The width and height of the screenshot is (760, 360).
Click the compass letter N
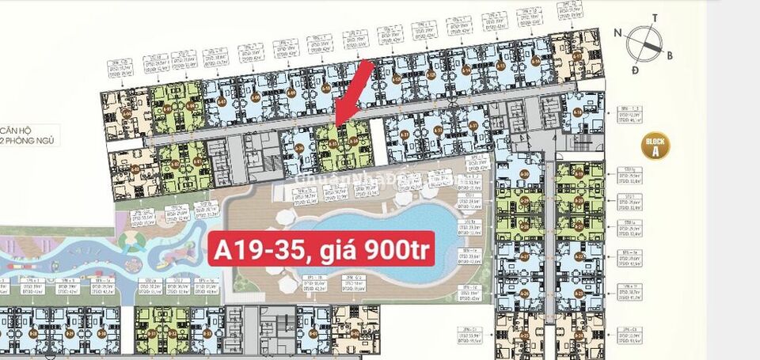tap(617, 33)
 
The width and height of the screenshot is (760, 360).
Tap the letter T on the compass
tap(655, 17)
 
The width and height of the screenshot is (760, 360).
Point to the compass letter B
tap(669, 55)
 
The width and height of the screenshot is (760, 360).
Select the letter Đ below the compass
tap(635, 70)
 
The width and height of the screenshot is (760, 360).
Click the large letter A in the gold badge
tap(656, 153)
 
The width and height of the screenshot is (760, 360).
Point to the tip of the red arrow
tap(337, 125)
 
